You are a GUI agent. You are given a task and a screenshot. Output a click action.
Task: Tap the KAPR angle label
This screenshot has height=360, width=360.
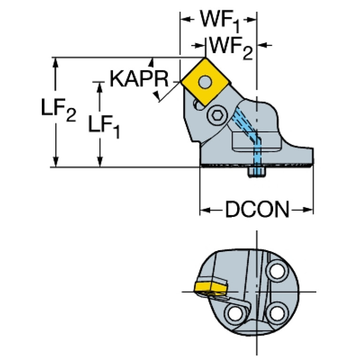[x=139, y=78]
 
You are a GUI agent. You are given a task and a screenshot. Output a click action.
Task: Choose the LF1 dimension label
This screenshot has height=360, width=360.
[x=104, y=125]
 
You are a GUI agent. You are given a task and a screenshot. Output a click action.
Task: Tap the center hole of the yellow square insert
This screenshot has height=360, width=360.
[x=205, y=82]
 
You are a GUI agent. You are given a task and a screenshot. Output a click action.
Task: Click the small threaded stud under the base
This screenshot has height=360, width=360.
[x=256, y=172]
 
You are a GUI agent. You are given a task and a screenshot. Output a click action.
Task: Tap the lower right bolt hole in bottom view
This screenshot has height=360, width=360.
[x=278, y=311]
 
